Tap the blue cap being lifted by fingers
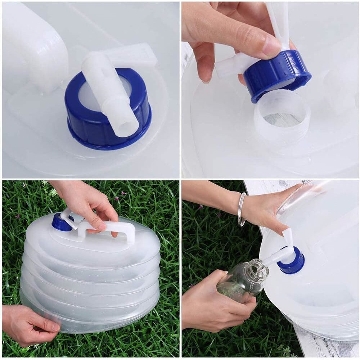coord(277,76)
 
